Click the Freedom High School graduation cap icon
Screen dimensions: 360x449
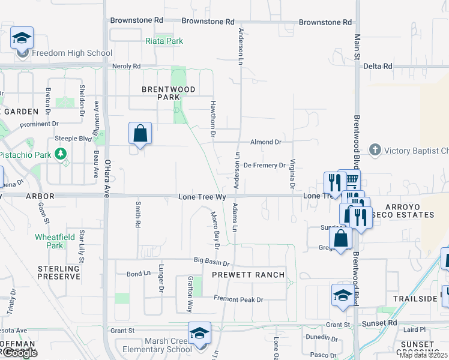coord(22,38)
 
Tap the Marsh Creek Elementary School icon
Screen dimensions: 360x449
coord(199,332)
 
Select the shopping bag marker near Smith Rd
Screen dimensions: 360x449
coord(140,133)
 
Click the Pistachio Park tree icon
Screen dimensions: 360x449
coord(60,154)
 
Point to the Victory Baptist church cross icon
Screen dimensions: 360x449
coord(375,149)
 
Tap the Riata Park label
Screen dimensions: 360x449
coord(164,41)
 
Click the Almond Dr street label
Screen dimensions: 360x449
coord(266,142)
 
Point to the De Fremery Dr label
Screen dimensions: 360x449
coord(264,165)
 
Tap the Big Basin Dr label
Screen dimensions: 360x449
coord(212,263)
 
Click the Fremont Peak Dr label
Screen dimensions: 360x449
coord(238,299)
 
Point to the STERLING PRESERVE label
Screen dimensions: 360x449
coord(59,272)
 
